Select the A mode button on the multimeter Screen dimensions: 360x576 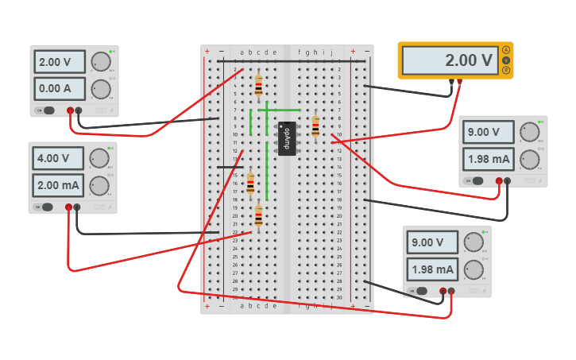tap(506, 50)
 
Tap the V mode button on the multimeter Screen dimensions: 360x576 tap(506, 60)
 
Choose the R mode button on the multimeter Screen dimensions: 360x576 tap(506, 70)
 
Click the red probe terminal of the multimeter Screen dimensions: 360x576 tap(459, 81)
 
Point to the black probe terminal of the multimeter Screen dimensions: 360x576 tap(450, 81)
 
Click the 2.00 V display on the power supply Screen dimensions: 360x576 tap(58, 62)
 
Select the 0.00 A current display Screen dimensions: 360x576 tap(58, 87)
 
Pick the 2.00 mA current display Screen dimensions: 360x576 tap(57, 185)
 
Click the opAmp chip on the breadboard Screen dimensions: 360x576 tap(287, 138)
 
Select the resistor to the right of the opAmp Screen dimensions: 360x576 tap(315, 126)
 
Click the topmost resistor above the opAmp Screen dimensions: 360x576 tap(258, 84)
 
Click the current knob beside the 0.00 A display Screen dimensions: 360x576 tap(101, 87)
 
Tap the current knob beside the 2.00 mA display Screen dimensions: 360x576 tap(99, 185)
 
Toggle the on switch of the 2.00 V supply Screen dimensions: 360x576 tap(48, 110)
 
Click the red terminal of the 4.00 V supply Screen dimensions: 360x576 tap(68, 207)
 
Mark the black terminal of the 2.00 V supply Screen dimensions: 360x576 tap(79, 110)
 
